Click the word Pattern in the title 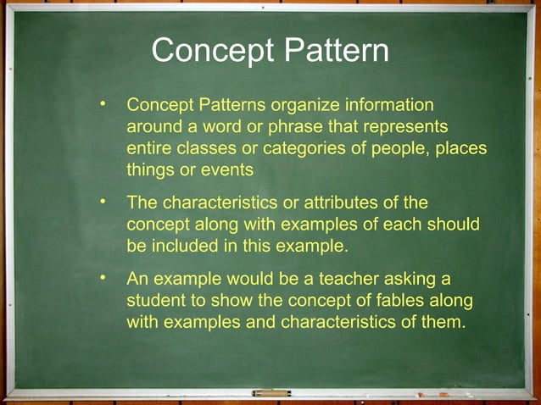(337, 51)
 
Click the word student (153, 301)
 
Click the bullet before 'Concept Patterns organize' (103, 104)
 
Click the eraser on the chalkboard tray (271, 393)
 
